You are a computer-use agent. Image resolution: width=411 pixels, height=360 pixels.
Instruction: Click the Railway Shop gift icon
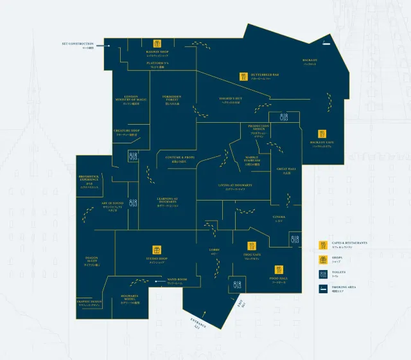(x=157, y=44)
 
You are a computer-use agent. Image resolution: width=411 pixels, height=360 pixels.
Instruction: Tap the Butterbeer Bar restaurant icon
(x=244, y=76)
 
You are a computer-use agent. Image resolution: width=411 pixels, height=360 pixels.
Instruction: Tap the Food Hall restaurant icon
(x=280, y=269)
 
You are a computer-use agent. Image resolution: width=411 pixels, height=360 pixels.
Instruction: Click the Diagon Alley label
(x=94, y=260)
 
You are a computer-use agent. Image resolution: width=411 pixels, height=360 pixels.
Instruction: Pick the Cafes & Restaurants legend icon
(x=323, y=244)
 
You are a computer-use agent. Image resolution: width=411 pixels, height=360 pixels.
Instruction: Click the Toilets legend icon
(x=323, y=274)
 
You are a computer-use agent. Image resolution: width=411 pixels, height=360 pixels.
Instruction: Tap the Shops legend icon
(x=323, y=259)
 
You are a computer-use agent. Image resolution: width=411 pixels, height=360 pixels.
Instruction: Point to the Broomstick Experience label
(x=89, y=178)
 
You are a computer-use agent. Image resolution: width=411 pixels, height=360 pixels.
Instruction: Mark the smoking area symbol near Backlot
(x=326, y=44)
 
